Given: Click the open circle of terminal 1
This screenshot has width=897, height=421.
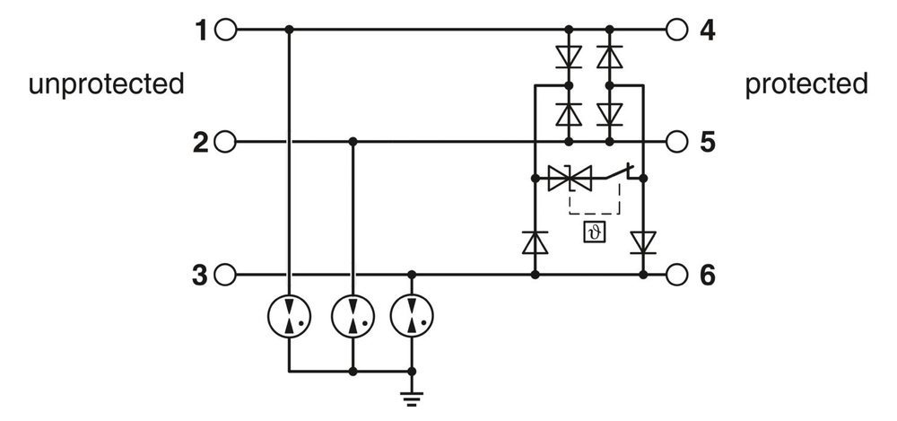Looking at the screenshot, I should (225, 31).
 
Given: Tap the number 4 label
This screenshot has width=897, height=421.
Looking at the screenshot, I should (708, 31).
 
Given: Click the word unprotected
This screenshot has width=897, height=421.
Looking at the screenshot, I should (106, 84).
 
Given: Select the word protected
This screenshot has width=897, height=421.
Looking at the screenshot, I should (806, 84).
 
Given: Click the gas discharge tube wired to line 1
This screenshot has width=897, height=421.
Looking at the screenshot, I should (289, 315).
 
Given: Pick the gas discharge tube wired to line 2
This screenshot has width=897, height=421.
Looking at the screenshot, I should (353, 315).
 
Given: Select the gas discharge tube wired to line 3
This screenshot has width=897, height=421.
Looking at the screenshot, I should (412, 315).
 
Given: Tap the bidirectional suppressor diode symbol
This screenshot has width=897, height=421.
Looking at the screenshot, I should (569, 180).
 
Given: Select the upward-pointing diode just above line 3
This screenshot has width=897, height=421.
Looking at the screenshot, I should (536, 242).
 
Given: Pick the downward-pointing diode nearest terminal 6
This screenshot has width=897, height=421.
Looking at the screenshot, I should (643, 242).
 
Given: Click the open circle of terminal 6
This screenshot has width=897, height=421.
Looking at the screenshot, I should (677, 275).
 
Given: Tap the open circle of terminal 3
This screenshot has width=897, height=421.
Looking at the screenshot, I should (225, 275).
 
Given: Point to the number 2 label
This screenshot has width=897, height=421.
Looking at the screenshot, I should (201, 142).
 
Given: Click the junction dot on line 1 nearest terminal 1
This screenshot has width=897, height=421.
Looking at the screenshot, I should (289, 31).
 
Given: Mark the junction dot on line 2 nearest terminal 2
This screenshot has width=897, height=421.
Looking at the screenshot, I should (353, 142).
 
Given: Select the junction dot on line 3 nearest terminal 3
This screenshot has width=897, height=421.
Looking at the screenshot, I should (412, 275).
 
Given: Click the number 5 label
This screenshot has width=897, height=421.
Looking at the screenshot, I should (708, 142).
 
